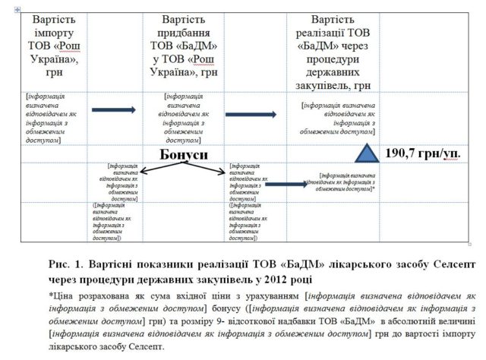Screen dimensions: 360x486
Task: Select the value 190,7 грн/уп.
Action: [431, 152]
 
